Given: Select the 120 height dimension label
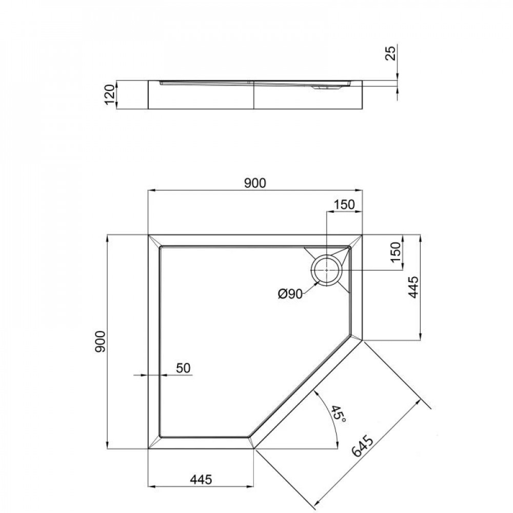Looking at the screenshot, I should pyautogui.click(x=109, y=95).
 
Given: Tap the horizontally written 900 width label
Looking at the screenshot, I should pyautogui.click(x=255, y=183).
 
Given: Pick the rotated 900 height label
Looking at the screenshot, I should pyautogui.click(x=101, y=341).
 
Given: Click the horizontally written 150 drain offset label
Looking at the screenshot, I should pyautogui.click(x=344, y=204).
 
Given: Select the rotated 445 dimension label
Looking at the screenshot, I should pyautogui.click(x=413, y=288).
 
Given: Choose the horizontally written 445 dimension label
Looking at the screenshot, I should pyautogui.click(x=201, y=479).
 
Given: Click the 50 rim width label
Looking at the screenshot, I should pyautogui.click(x=183, y=368).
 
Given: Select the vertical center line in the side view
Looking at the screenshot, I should pyautogui.click(x=254, y=95).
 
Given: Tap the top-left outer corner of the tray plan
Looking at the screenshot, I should pyautogui.click(x=148, y=235).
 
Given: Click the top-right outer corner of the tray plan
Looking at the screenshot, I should pyautogui.click(x=362, y=235).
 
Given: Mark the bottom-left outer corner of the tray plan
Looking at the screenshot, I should pyautogui.click(x=148, y=448).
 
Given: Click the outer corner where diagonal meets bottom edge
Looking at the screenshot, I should pyautogui.click(x=254, y=448).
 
